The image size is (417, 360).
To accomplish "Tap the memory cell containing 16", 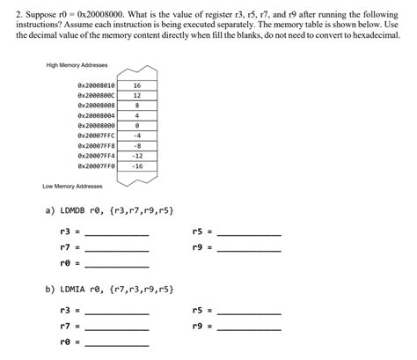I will click(x=137, y=85).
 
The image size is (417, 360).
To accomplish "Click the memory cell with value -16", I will click(x=137, y=165).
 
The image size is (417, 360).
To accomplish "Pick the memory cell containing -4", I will click(x=137, y=136).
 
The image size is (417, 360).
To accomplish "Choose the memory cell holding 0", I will click(x=137, y=126).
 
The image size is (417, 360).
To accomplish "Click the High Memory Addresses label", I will click(x=76, y=66).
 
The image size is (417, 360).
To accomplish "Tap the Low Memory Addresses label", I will click(x=72, y=187).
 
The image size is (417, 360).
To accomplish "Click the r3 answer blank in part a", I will click(x=117, y=233).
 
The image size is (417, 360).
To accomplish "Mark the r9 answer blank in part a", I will click(x=249, y=249).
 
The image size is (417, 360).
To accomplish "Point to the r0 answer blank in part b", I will click(x=117, y=342).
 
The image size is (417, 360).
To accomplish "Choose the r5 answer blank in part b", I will click(x=249, y=312).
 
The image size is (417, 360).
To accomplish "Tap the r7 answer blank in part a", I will click(x=117, y=249).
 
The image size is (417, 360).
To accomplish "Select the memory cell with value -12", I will click(x=137, y=155).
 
